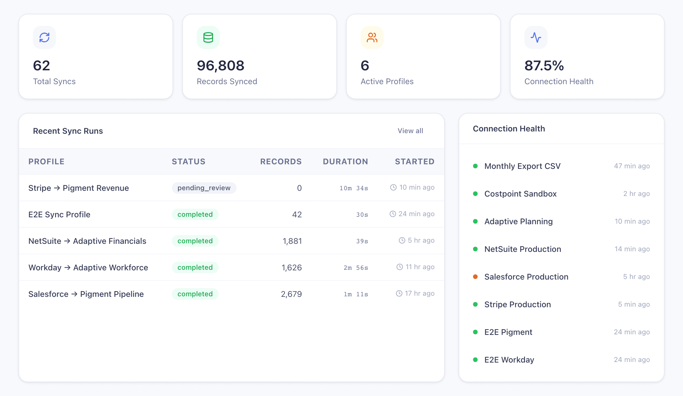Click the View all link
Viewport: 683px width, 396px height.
pyautogui.click(x=410, y=131)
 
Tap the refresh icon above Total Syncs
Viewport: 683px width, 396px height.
pyautogui.click(x=44, y=37)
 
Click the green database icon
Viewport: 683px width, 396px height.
pyautogui.click(x=208, y=37)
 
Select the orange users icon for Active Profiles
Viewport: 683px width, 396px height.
pyautogui.click(x=372, y=37)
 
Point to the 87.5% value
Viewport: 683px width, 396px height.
pyautogui.click(x=544, y=66)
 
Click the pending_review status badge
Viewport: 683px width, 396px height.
pyautogui.click(x=204, y=188)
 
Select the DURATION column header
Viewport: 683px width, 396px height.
pyautogui.click(x=345, y=161)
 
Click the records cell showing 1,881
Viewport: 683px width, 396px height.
pyautogui.click(x=292, y=241)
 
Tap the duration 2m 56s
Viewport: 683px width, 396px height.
pyautogui.click(x=356, y=268)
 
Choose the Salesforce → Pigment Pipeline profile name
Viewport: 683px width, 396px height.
pyautogui.click(x=86, y=294)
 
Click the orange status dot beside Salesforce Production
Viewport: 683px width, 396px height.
pyautogui.click(x=475, y=277)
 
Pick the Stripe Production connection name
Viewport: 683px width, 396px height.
pyautogui.click(x=517, y=304)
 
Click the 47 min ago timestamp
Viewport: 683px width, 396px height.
pyautogui.click(x=632, y=166)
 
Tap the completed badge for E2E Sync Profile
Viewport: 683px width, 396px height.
pyautogui.click(x=195, y=214)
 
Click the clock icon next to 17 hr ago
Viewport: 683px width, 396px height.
pyautogui.click(x=399, y=293)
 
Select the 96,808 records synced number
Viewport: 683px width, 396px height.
pyautogui.click(x=220, y=66)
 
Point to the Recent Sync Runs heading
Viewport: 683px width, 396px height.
pyautogui.click(x=68, y=131)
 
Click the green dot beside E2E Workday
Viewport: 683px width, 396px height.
pyautogui.click(x=475, y=360)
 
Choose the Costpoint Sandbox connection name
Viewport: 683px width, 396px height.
pyautogui.click(x=520, y=194)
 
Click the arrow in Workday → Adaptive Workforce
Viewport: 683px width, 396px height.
pyautogui.click(x=67, y=267)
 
